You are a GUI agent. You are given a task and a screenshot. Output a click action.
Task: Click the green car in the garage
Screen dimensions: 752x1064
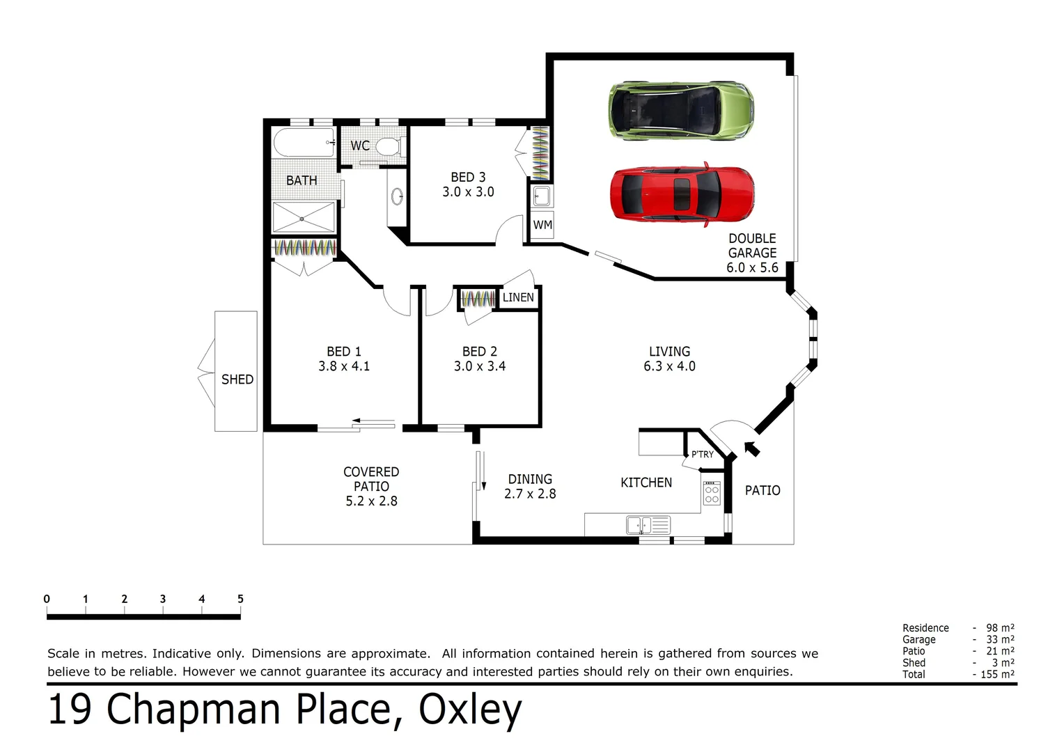click(681, 111)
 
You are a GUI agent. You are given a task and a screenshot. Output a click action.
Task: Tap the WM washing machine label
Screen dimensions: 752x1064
click(542, 225)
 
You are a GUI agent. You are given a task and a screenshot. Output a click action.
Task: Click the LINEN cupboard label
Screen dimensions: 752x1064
click(518, 297)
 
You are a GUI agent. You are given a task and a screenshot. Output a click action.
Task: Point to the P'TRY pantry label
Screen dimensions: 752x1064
click(702, 454)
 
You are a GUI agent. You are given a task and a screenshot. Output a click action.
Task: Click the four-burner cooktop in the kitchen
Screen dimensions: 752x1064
click(711, 493)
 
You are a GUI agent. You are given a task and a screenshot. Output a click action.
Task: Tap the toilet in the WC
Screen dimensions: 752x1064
click(388, 146)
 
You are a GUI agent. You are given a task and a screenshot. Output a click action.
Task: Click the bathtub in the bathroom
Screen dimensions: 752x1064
click(304, 143)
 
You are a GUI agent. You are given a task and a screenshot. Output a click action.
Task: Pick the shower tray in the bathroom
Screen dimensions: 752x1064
click(302, 218)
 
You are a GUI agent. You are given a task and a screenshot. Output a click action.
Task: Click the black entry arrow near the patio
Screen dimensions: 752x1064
click(751, 448)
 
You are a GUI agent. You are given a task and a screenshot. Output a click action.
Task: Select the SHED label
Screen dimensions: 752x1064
click(237, 379)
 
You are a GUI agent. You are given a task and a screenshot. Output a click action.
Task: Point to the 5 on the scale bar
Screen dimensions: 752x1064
click(240, 599)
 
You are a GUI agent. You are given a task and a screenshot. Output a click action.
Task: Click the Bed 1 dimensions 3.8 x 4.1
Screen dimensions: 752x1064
click(344, 366)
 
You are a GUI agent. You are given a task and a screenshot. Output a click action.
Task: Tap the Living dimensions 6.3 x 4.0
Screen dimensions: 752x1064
click(669, 366)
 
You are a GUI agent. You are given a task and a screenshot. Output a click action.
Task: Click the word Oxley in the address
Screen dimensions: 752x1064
click(469, 710)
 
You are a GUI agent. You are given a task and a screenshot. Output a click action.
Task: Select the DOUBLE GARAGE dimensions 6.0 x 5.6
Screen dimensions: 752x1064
click(752, 267)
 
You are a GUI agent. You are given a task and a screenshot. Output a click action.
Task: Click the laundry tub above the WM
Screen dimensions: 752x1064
click(541, 196)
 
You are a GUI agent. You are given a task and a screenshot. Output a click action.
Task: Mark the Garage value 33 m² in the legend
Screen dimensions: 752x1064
click(999, 639)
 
